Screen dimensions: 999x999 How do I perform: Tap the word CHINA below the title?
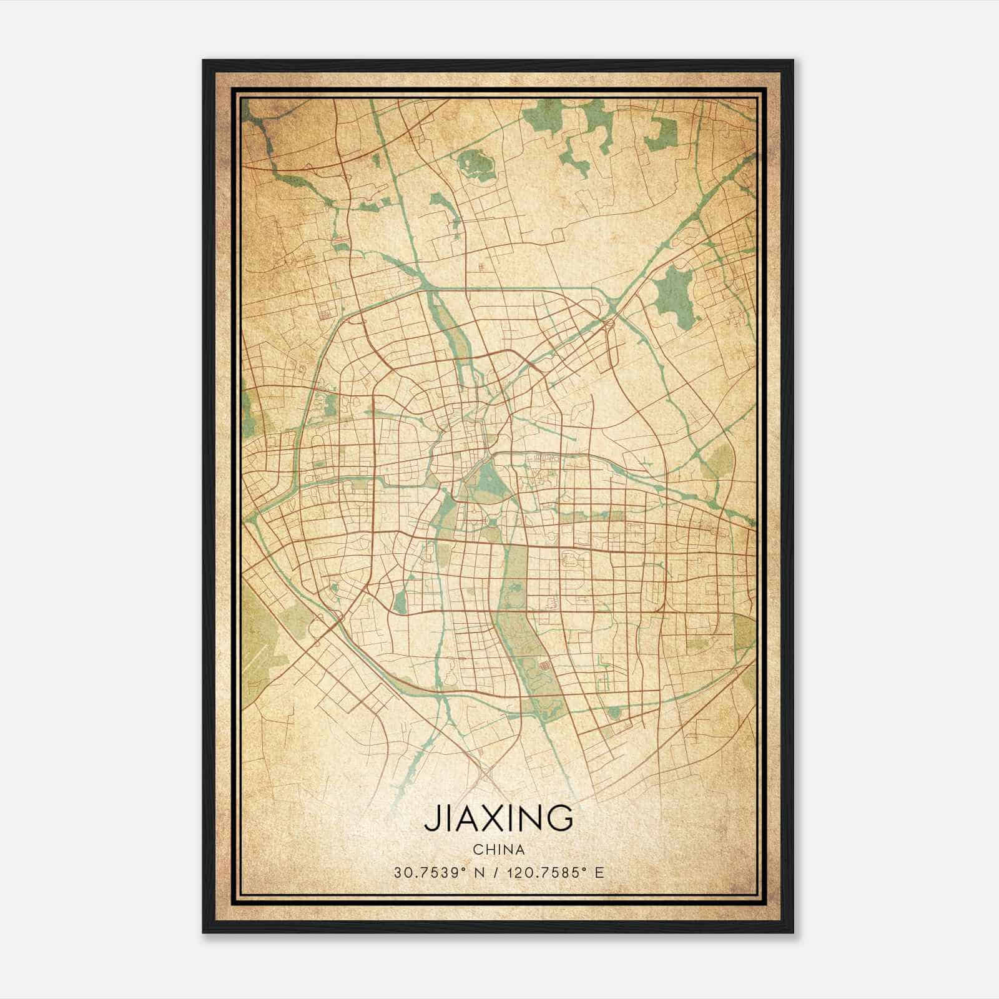pyautogui.click(x=498, y=850)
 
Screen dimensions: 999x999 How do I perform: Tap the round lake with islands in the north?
pyautogui.click(x=473, y=164)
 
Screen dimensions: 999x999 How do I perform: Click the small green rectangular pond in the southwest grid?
pyautogui.click(x=400, y=601)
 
